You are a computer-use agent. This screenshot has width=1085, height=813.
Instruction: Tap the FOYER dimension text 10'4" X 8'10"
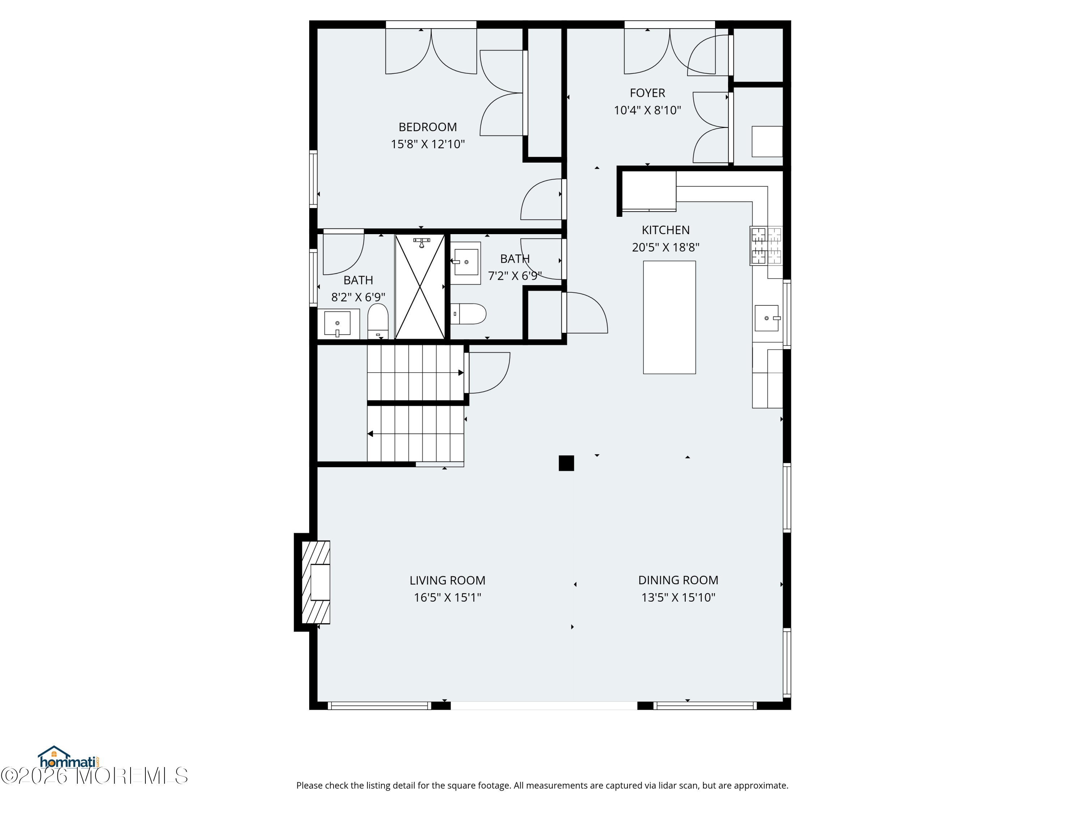pos(647,110)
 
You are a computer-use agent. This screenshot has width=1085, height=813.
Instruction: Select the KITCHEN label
pos(665,230)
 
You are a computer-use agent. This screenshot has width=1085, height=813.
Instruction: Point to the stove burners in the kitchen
pos(766,245)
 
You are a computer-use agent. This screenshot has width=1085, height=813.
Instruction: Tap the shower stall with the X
pos(420,287)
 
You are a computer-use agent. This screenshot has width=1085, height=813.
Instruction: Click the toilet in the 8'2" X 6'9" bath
pos(378,321)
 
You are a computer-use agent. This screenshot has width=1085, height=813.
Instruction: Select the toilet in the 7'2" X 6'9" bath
pos(468,314)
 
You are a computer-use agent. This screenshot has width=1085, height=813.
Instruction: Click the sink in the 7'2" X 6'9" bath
pos(465,263)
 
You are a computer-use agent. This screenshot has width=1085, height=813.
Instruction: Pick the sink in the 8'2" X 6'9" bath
pos(338,324)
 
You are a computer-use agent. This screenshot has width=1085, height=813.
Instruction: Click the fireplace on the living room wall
pos(315,582)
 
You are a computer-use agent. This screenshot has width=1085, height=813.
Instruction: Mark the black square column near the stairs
pos(566,463)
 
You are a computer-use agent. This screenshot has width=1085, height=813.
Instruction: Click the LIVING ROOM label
pos(447,580)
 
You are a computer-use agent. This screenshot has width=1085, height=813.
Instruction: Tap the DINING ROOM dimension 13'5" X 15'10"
pos(678,597)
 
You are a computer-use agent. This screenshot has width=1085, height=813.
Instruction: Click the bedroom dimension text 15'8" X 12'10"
pos(428,144)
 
